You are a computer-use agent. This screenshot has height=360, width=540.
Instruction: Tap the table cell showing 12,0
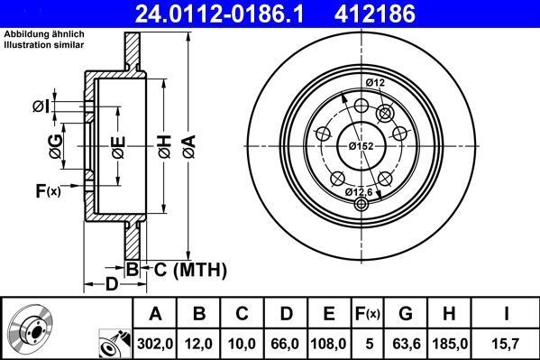tap(200, 343)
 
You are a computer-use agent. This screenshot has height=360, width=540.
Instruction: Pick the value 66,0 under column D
tap(286, 343)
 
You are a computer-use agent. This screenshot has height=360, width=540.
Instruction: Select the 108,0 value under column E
tap(329, 343)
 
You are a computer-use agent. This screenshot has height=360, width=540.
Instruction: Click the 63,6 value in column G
tap(407, 343)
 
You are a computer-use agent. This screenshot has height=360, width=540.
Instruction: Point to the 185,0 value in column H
tap(452, 343)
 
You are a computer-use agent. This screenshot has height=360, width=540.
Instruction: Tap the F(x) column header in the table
tap(368, 314)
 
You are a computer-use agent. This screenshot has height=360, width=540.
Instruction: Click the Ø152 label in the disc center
tap(361, 146)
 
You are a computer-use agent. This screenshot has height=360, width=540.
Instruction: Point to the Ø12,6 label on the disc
tap(361, 191)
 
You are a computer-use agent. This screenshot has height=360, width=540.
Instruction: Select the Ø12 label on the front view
tap(376, 83)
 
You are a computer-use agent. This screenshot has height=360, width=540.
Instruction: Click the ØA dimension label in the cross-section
tap(188, 143)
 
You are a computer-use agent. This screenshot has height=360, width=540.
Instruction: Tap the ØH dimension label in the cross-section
tap(163, 143)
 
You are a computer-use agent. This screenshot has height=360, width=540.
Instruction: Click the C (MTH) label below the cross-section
tap(184, 269)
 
